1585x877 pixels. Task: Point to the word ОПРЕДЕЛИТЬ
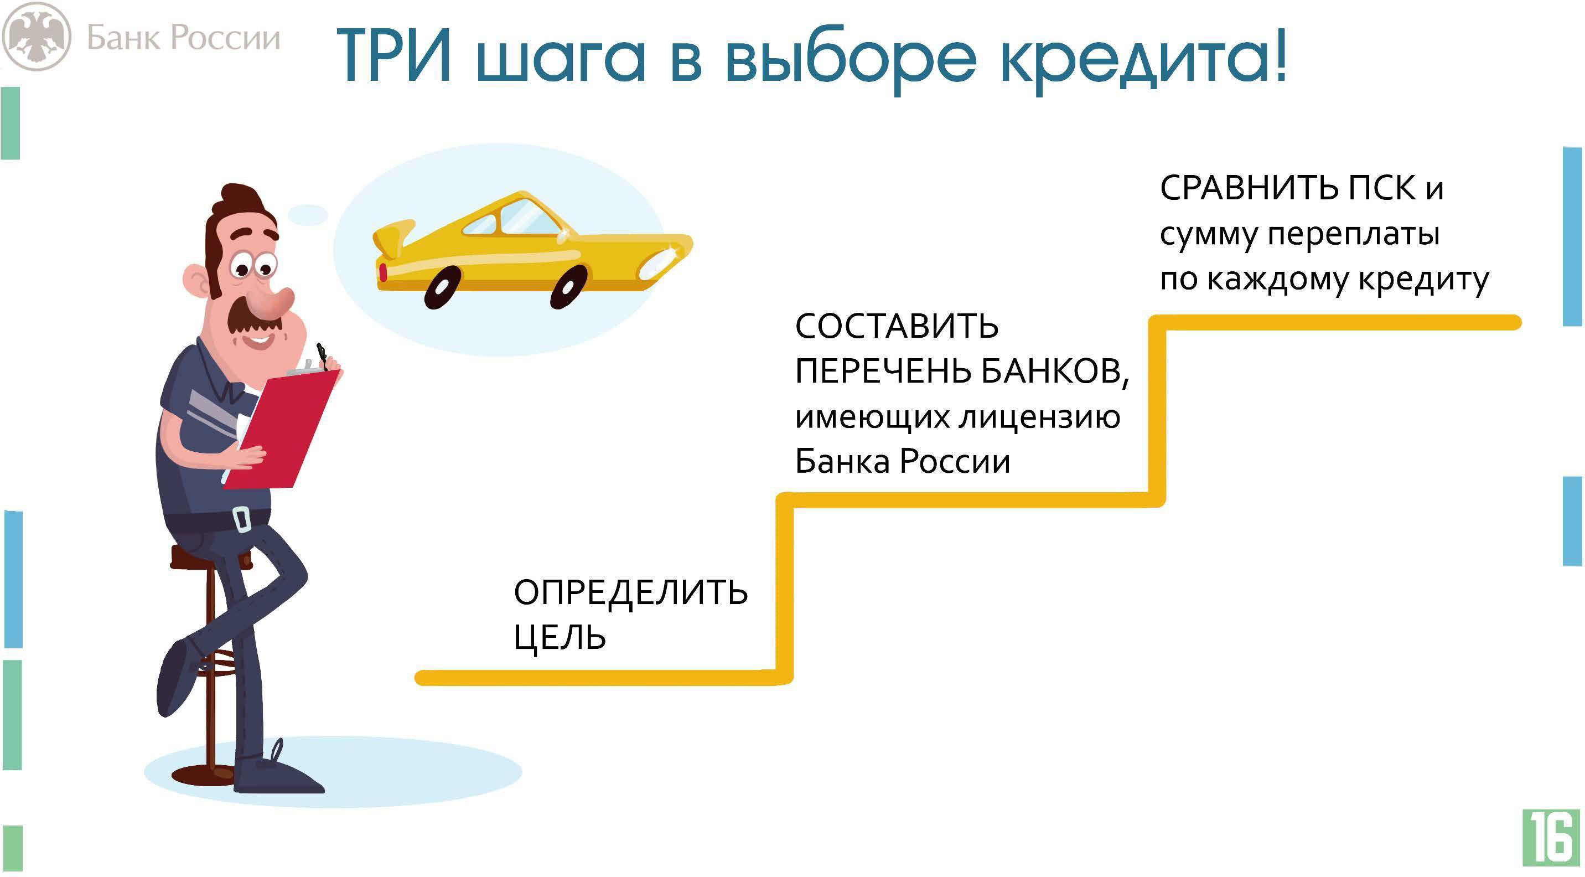click(x=631, y=592)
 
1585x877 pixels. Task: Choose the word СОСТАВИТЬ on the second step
click(x=897, y=326)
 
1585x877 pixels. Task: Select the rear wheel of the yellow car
click(x=442, y=287)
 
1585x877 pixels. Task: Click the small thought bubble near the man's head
click(x=308, y=214)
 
